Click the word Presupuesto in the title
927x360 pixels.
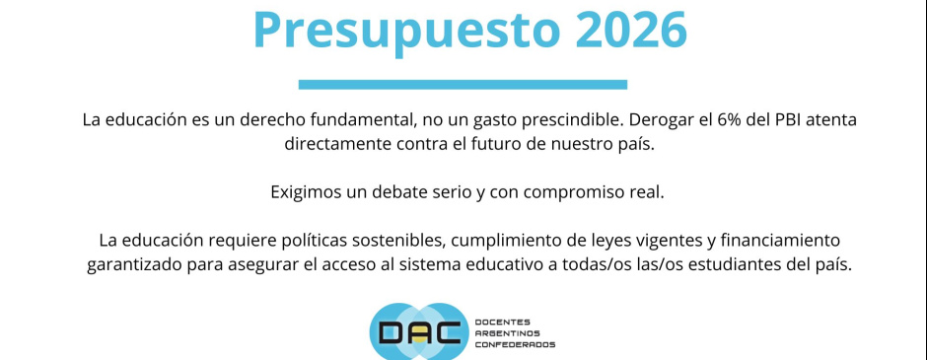[406, 30]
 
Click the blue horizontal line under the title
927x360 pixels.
[463, 85]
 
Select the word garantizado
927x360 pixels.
[135, 266]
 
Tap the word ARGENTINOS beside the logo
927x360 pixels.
[507, 333]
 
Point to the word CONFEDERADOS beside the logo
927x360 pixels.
[515, 344]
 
